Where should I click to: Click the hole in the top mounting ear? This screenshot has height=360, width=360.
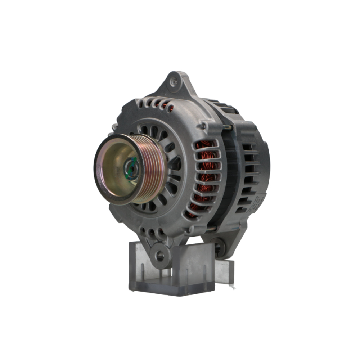[x=174, y=82]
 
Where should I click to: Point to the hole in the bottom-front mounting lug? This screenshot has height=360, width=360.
[x=160, y=256]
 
